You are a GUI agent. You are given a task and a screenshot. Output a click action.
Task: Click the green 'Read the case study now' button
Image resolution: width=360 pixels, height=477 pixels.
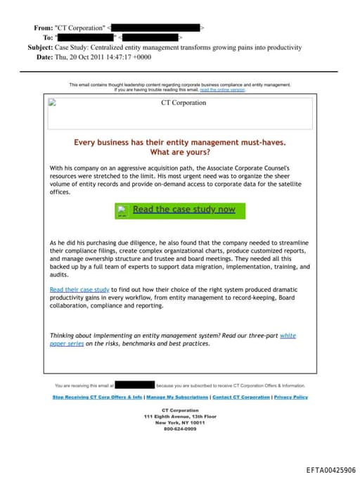pyautogui.click(x=181, y=210)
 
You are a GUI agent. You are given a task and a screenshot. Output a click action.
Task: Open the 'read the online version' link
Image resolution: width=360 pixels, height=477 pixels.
pyautogui.click(x=222, y=90)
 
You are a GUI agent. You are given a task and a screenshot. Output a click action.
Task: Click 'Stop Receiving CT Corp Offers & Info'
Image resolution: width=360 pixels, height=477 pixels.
pyautogui.click(x=98, y=397)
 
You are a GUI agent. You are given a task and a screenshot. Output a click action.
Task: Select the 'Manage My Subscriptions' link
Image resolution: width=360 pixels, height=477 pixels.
pyautogui.click(x=177, y=397)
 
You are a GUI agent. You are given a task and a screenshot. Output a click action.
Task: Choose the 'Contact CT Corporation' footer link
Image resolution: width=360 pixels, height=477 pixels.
pyautogui.click(x=241, y=397)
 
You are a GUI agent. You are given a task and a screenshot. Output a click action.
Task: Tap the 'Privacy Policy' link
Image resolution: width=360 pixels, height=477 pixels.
pyautogui.click(x=290, y=397)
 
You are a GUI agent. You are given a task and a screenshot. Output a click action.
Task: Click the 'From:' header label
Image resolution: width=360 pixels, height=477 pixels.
pyautogui.click(x=43, y=27)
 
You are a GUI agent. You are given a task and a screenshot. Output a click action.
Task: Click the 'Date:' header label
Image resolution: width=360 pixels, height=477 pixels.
pyautogui.click(x=44, y=57)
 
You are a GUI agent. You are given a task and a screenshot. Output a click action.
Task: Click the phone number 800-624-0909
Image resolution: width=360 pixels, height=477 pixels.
pyautogui.click(x=180, y=428)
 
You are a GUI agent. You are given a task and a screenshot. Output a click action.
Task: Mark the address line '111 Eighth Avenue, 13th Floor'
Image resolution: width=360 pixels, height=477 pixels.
pyautogui.click(x=180, y=416)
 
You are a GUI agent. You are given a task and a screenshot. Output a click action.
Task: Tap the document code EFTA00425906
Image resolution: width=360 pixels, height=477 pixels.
pyautogui.click(x=331, y=469)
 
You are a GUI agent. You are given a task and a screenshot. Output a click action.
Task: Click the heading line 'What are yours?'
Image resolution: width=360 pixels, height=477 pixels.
pyautogui.click(x=180, y=152)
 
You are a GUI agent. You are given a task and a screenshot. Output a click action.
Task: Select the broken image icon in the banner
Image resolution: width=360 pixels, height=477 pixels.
pyautogui.click(x=52, y=102)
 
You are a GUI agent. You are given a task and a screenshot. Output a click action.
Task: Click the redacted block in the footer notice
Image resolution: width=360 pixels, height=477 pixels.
pyautogui.click(x=134, y=386)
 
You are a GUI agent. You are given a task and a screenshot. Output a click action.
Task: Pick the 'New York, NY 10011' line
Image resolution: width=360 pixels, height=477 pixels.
pyautogui.click(x=180, y=422)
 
